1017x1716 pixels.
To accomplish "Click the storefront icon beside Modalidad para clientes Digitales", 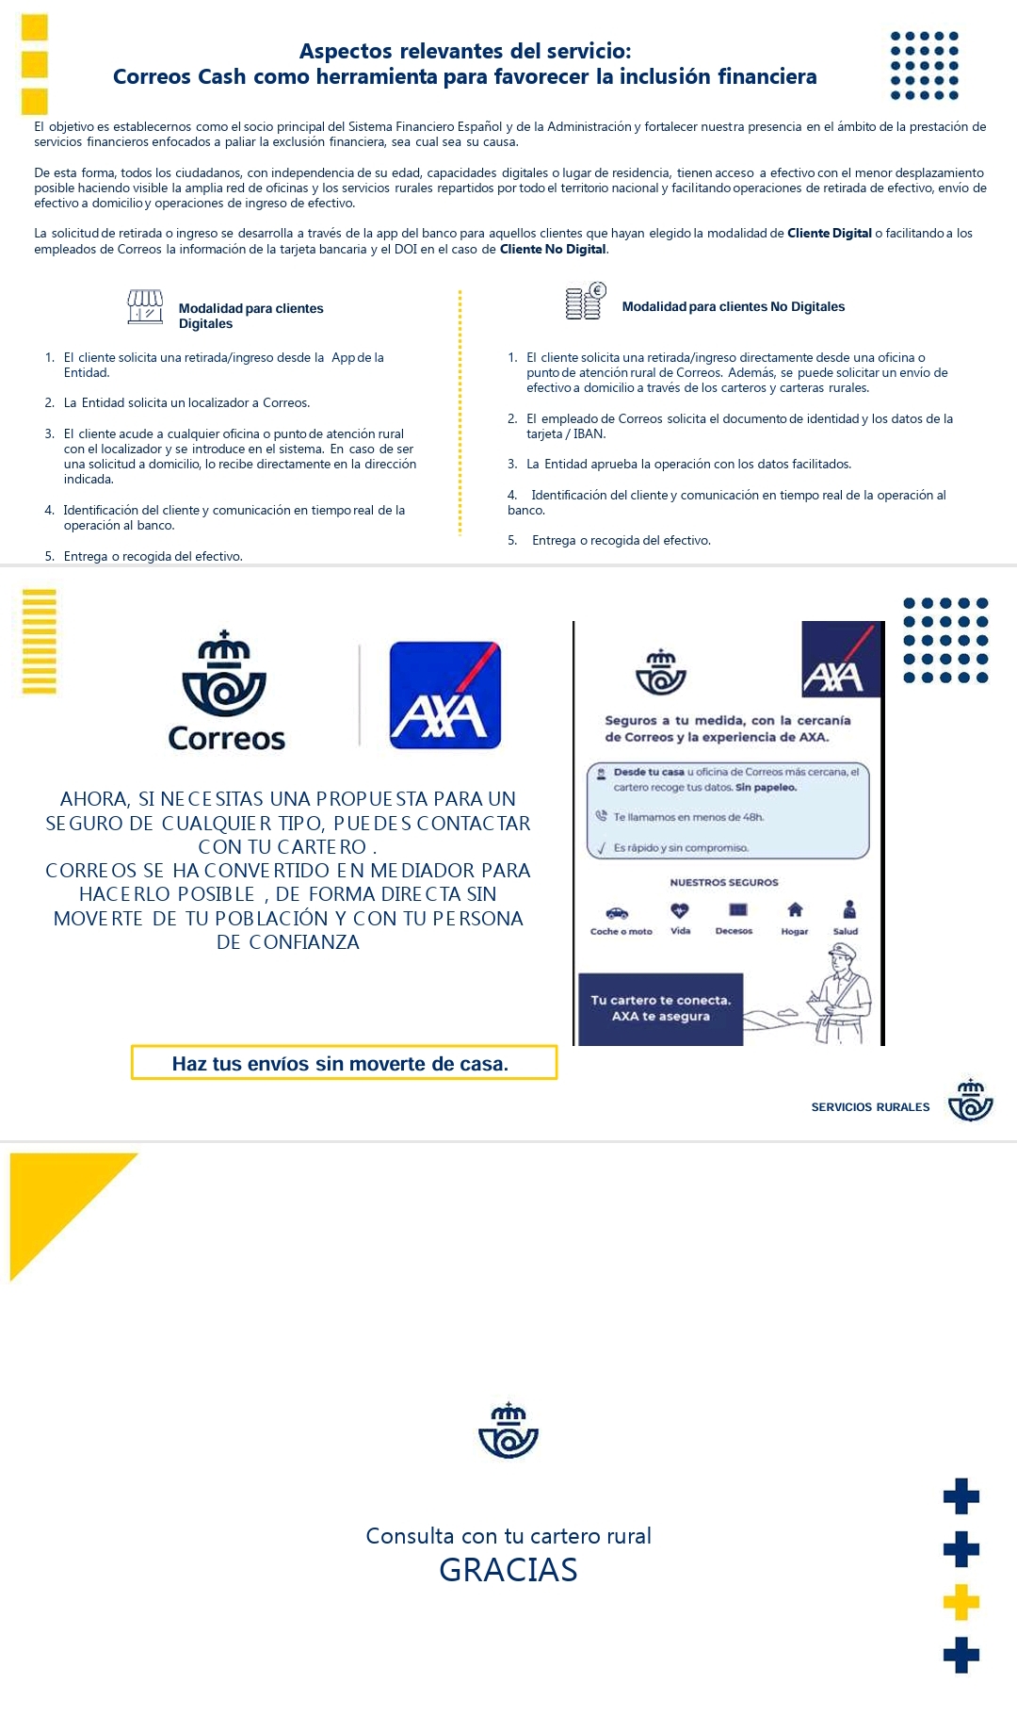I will tap(145, 307).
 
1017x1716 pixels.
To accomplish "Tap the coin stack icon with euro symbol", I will tap(585, 302).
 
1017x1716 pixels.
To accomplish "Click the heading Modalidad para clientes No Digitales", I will tap(733, 307).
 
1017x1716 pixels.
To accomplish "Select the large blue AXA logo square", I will tap(444, 695).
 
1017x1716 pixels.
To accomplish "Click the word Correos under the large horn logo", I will tap(226, 739).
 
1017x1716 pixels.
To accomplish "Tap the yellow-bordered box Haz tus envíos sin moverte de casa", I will tap(344, 1063).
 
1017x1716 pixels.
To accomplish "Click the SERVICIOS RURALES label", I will tap(870, 1107).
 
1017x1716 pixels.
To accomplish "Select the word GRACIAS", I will tap(508, 1571).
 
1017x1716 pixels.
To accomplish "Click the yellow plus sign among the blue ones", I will tap(960, 1602).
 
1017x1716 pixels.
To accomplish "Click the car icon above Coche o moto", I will tap(617, 912).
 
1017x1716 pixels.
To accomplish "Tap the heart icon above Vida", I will tap(680, 910).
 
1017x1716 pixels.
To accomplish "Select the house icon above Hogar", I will tap(795, 909).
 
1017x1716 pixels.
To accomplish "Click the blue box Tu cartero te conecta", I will tap(660, 1008).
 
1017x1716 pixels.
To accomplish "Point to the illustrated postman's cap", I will tap(842, 953).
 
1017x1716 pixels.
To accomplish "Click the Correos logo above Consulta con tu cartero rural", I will tap(508, 1431).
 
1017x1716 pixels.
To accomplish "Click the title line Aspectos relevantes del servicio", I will tap(465, 51).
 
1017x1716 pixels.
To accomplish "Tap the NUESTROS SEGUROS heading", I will tap(724, 883).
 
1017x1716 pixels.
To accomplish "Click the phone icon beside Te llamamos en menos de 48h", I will tap(601, 816).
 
